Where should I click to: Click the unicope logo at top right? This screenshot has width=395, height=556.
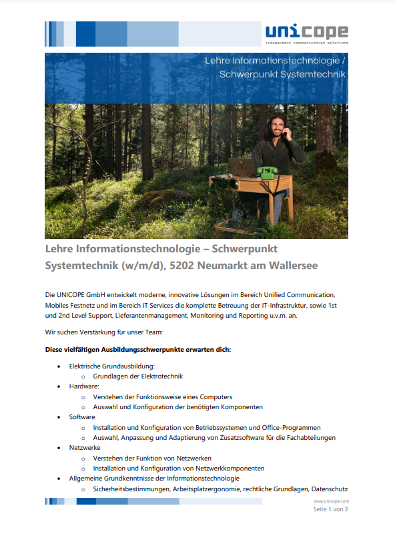(306, 33)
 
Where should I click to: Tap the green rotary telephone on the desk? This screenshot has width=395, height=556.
(266, 172)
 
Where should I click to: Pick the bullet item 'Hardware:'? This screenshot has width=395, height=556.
(84, 386)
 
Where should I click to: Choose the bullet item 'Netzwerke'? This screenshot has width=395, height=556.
(85, 448)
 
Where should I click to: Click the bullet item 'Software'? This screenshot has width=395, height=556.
(82, 417)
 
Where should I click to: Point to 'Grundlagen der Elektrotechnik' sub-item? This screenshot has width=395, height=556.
(137, 376)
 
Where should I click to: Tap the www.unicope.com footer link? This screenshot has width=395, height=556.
(331, 501)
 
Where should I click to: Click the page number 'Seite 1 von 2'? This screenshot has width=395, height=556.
(331, 510)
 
